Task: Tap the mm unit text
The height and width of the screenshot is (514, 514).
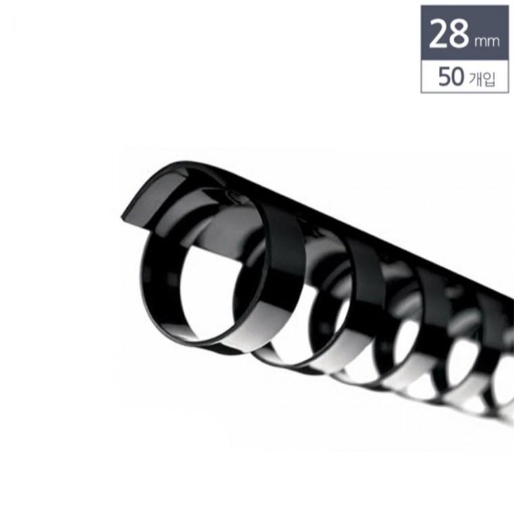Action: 486,42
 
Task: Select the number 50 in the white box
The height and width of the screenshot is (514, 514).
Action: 451,76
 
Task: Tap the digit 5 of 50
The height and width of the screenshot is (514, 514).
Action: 444,76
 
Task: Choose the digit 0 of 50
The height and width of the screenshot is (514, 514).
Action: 458,76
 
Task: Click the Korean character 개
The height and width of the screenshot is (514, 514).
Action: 475,78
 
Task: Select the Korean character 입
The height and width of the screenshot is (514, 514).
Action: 488,78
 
